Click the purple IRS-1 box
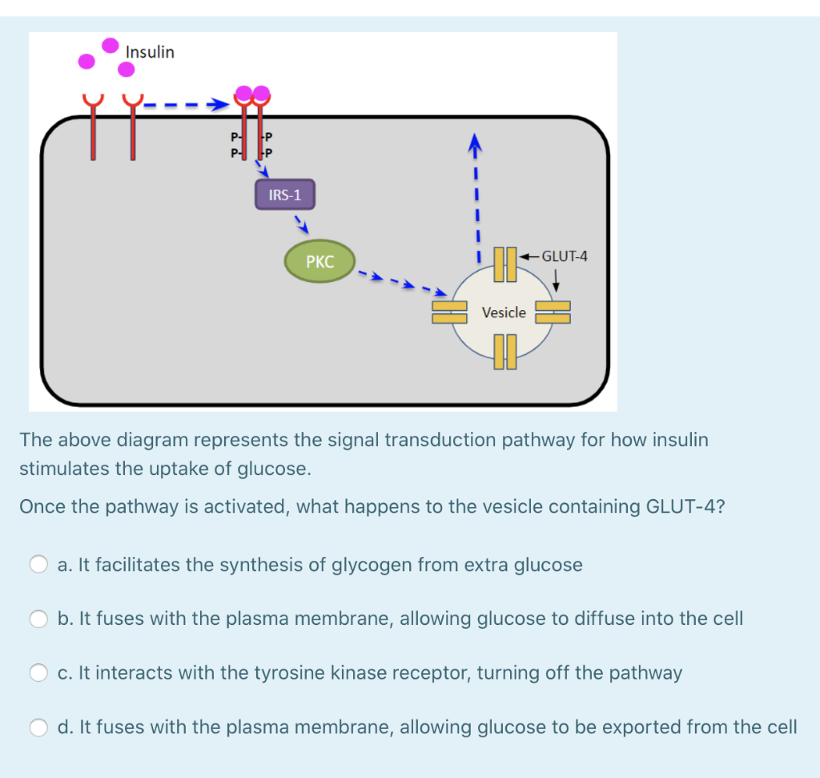coord(285,195)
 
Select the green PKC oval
coord(320,261)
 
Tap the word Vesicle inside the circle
coord(504,312)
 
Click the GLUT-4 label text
coord(565,256)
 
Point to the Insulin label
coord(150,52)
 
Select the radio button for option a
coord(38,564)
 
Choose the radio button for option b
coord(38,619)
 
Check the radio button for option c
coord(38,673)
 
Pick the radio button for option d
coord(38,728)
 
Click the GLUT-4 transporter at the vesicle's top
coord(505,264)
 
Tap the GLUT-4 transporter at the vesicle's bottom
coord(505,352)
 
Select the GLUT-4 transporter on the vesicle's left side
coord(449,312)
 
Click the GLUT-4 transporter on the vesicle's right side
coord(553,312)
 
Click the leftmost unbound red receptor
coord(93,127)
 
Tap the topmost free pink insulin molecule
coord(111,46)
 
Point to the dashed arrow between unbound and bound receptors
coord(187,105)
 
